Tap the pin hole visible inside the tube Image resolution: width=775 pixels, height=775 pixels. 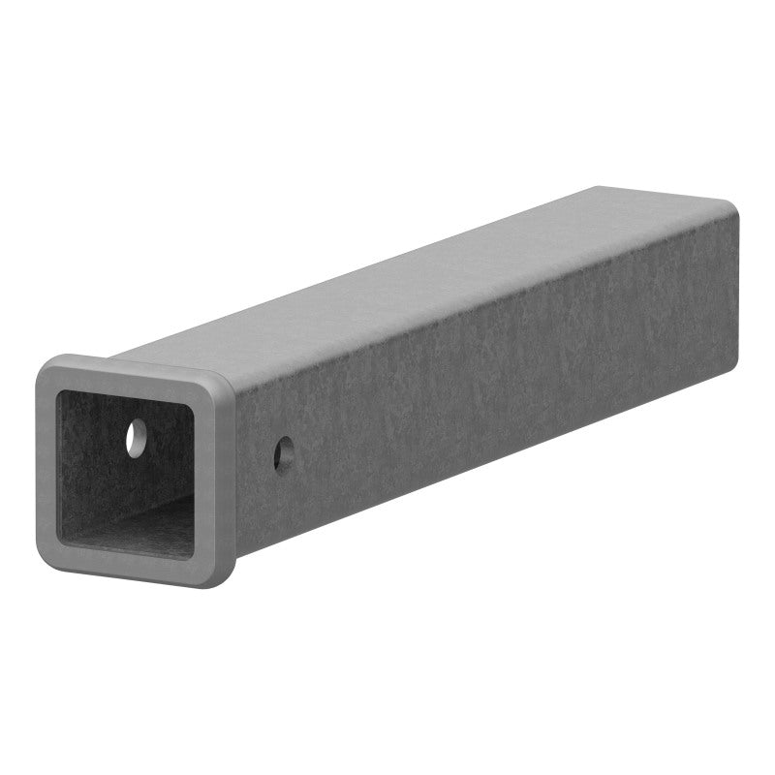coord(135,438)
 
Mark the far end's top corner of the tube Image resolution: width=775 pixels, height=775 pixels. coord(732,206)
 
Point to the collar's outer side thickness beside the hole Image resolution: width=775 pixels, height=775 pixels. coord(228,475)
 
